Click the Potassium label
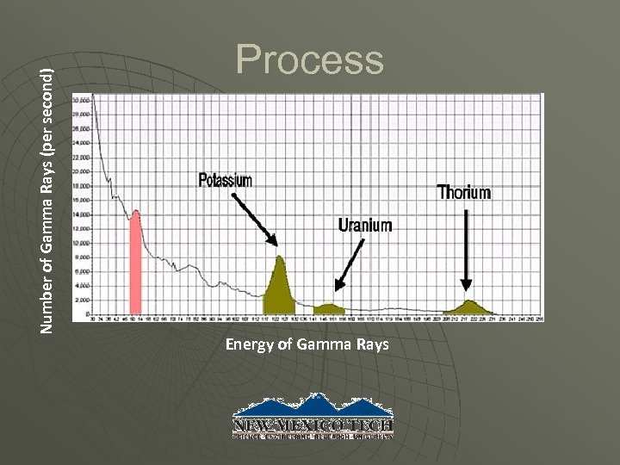click(x=226, y=180)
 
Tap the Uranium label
click(x=365, y=226)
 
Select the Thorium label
click(x=464, y=193)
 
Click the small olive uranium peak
click(x=328, y=307)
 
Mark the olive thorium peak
click(x=469, y=307)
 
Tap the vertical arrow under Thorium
click(x=467, y=250)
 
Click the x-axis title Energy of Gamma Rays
click(x=307, y=346)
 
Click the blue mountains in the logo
click(x=313, y=406)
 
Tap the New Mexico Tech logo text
click(x=313, y=425)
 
